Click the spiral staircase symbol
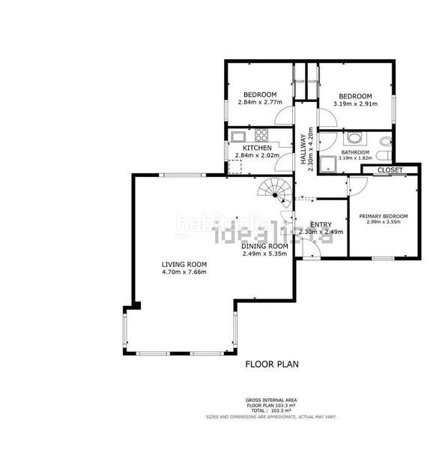point(273,192)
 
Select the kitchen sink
point(238,136)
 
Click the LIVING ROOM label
point(184,264)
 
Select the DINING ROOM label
point(264,246)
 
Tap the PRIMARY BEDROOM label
point(383,215)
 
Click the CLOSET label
point(390,170)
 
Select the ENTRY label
point(321,224)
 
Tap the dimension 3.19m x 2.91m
point(355,103)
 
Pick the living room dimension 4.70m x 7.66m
point(184,271)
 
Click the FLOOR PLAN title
point(272,365)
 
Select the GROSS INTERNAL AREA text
point(272,400)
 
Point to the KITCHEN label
point(256,148)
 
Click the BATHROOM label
point(355,152)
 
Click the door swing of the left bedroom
point(283,116)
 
